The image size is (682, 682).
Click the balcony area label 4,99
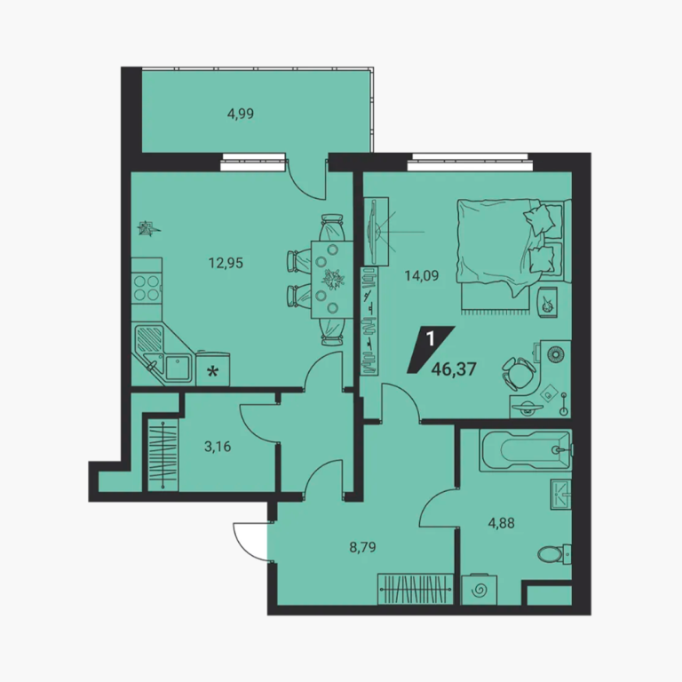tap(241, 114)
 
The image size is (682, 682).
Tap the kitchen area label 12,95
tap(226, 263)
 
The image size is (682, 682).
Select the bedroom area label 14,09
tap(422, 276)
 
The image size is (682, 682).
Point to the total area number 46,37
tap(454, 369)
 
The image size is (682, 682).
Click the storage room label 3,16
tap(218, 447)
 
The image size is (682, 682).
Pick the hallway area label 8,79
tap(362, 547)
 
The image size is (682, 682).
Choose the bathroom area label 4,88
tap(501, 523)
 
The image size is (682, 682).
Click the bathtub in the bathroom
tap(526, 450)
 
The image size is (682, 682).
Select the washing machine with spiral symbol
tap(479, 590)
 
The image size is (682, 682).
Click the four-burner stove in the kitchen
tap(147, 288)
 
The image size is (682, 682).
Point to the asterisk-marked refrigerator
tap(213, 369)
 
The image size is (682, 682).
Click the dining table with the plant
tap(332, 280)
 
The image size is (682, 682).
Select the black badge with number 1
tap(431, 349)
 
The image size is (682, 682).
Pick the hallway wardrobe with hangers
tap(415, 590)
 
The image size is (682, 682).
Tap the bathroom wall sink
tap(561, 494)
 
